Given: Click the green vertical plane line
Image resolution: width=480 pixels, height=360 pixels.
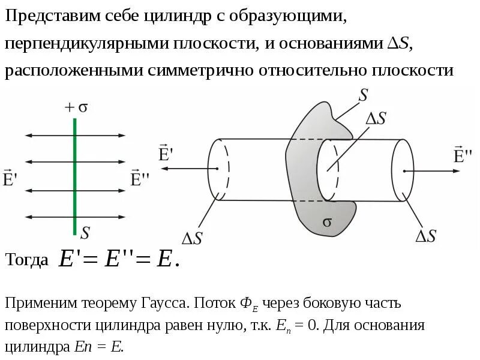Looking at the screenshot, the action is click(x=74, y=180).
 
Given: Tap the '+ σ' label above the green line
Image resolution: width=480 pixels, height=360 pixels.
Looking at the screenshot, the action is click(x=76, y=107).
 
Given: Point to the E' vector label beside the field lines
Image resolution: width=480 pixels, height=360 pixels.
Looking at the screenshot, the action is click(x=9, y=178).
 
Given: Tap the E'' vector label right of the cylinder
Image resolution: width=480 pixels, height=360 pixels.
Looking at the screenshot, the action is click(x=462, y=155).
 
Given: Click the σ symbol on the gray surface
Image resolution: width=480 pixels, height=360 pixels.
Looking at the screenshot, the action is click(x=327, y=221).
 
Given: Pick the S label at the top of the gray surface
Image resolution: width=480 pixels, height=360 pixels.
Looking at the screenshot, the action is click(x=363, y=95).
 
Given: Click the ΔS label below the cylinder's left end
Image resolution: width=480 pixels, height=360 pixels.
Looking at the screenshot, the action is click(x=193, y=238).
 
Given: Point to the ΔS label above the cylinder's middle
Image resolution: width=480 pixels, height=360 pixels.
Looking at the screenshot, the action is click(x=376, y=118).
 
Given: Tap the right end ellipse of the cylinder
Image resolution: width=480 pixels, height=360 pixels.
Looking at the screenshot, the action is click(x=403, y=171).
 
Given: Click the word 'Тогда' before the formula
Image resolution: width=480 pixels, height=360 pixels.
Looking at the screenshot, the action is click(x=27, y=260).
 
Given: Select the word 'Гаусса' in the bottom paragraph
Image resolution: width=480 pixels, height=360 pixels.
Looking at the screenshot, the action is click(x=163, y=302).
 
